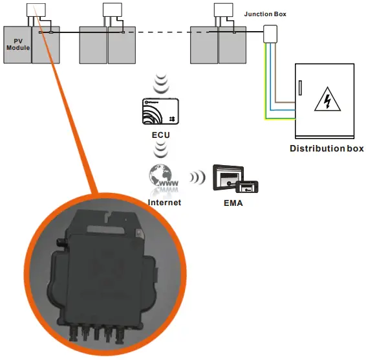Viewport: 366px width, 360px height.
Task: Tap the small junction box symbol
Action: coord(269,34)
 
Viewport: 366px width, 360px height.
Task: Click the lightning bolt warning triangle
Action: coord(327,101)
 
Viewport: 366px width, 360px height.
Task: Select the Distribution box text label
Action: coord(327,148)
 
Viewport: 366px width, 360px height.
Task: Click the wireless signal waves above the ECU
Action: coord(161,84)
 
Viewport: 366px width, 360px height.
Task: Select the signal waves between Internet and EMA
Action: coord(195,178)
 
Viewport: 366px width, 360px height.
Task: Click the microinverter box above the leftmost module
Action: coord(36,10)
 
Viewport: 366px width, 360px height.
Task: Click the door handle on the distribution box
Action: coord(299,87)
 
